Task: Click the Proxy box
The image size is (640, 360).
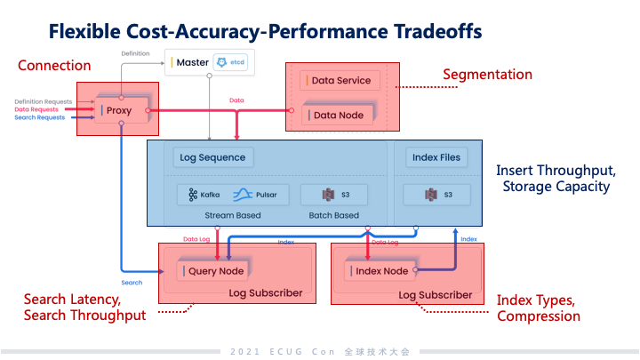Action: point(119,110)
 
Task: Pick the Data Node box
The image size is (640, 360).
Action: point(338,115)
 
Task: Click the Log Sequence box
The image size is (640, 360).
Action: point(212,157)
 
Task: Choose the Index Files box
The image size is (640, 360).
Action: point(436,157)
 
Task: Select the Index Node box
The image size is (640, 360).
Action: point(380,270)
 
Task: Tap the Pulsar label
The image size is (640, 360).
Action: point(260,194)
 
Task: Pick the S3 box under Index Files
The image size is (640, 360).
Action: point(436,194)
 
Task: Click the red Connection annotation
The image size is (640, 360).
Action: point(54,65)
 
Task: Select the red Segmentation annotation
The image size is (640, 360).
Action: point(488,75)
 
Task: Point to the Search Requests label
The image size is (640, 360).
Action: point(39,117)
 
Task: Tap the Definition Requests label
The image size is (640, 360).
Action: point(41,101)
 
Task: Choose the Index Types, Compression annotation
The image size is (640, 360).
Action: point(538,308)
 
